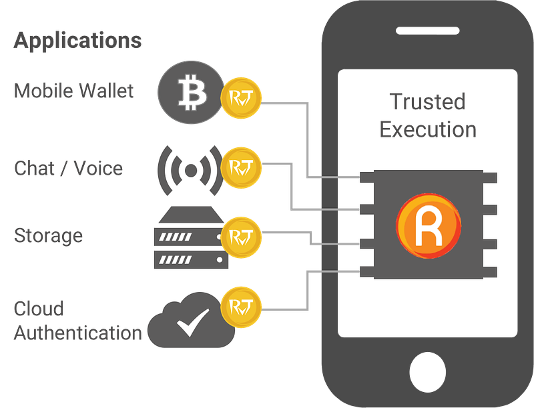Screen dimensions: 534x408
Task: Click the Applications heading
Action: coord(77,41)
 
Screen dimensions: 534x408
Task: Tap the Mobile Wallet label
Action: coord(73,91)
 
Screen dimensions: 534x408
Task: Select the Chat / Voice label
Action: coord(69,168)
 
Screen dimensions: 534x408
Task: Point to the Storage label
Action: coord(48,236)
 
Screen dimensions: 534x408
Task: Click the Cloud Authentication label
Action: coord(77,321)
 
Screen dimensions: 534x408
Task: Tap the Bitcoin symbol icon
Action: coord(192,92)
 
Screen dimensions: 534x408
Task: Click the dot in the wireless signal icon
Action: coord(191,171)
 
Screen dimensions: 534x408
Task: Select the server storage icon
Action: coord(191,237)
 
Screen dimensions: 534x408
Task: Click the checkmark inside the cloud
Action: coord(193,323)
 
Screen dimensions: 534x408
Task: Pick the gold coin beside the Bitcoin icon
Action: coord(241,98)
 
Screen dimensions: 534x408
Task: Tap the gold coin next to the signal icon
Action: coord(241,167)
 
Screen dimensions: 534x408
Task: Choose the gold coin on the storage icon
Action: coord(241,237)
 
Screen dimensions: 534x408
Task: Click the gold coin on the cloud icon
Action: coord(241,307)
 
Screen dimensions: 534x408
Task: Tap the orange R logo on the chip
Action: coord(429,226)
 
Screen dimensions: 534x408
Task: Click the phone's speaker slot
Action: coord(428,31)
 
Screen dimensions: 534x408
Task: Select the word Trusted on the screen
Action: coord(428,101)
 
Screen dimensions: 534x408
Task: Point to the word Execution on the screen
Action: coord(428,129)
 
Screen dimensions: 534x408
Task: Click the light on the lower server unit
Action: coord(220,260)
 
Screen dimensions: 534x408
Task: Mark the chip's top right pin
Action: coord(490,177)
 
